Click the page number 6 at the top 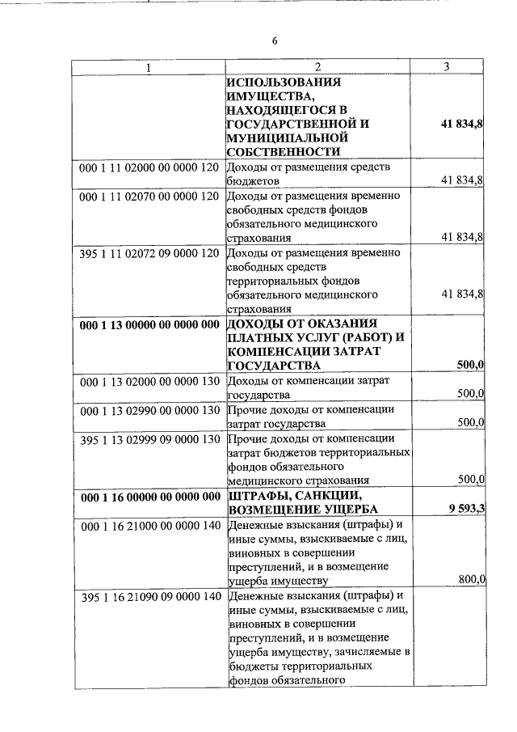click(x=274, y=41)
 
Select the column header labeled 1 click(x=149, y=68)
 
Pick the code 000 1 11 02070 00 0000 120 click(x=150, y=196)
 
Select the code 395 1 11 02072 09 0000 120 click(x=150, y=253)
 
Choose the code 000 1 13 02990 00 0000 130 click(x=150, y=409)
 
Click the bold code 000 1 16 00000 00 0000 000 click(x=150, y=495)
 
